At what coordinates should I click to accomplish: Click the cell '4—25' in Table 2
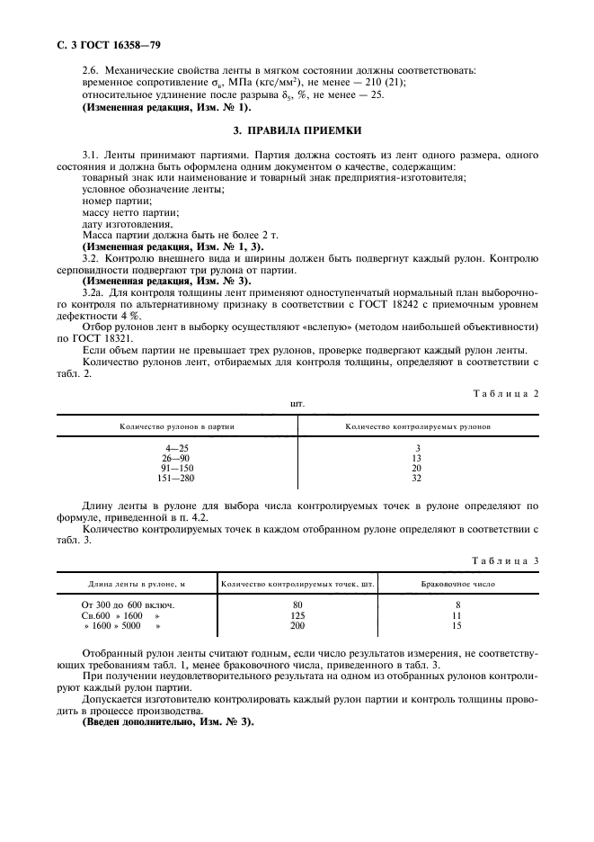176,447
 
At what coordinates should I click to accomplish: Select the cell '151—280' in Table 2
176,479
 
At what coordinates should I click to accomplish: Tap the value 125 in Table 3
297,614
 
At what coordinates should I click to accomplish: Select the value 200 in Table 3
297,624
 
